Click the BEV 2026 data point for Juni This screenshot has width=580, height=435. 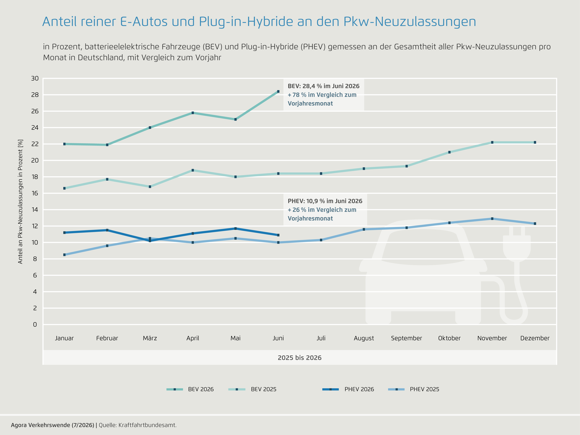click(278, 92)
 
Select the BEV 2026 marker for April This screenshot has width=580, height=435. click(193, 113)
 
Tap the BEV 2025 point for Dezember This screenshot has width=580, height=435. click(535, 142)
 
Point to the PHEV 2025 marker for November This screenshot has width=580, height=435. click(492, 219)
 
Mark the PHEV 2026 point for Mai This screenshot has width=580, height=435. click(235, 228)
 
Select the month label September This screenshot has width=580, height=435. click(406, 338)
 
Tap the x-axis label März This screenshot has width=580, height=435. click(150, 338)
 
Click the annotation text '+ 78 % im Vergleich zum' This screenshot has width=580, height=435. click(322, 95)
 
